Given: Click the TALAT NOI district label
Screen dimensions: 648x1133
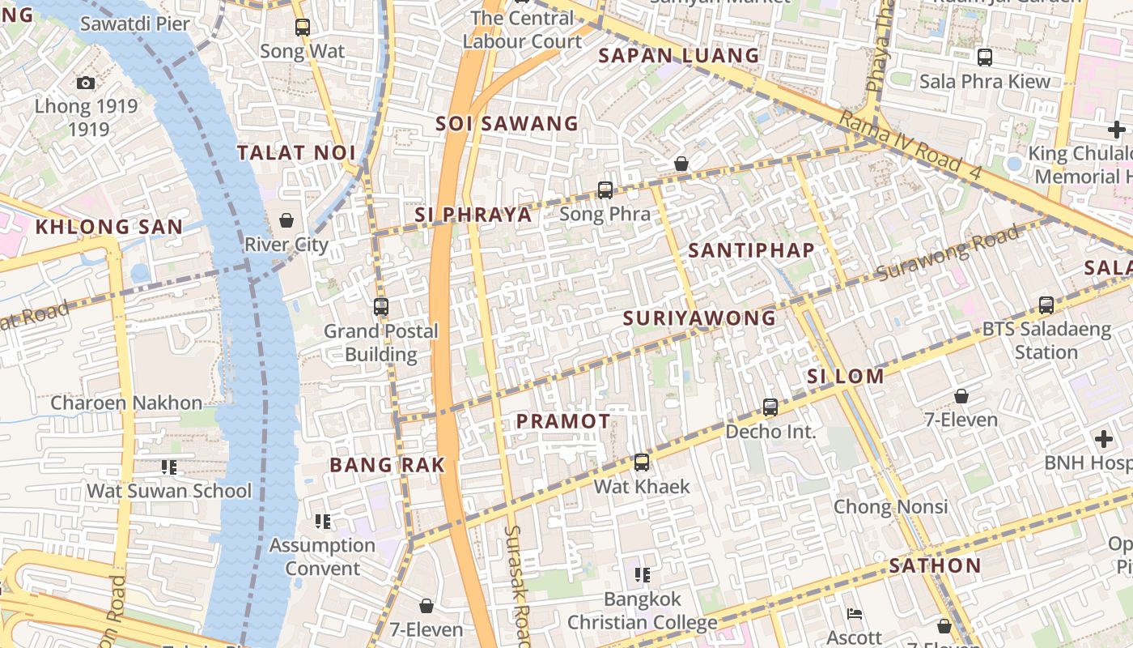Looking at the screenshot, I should (296, 152).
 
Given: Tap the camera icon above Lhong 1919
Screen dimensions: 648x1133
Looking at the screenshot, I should (85, 83).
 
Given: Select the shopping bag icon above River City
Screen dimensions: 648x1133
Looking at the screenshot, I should (286, 220).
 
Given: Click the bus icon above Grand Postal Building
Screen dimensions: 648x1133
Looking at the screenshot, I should (381, 307).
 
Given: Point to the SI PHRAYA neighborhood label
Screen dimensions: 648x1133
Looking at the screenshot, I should (473, 215).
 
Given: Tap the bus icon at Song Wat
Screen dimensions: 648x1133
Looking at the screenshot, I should (303, 27).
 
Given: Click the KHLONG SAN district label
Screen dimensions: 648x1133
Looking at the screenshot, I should (109, 227).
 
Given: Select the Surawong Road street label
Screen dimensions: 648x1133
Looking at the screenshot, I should (948, 253).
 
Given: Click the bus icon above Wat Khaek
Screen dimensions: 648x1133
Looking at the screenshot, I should (642, 463).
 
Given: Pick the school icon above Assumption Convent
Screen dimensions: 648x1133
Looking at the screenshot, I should (323, 521).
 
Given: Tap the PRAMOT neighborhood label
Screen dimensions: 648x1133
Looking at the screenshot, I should (563, 421).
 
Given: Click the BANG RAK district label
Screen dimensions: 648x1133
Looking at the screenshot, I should (388, 465).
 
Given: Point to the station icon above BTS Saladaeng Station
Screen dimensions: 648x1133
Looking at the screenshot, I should (1046, 305).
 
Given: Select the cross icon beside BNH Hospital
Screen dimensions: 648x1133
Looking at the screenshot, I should (1104, 439).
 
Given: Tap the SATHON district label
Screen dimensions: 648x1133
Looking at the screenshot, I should (935, 565).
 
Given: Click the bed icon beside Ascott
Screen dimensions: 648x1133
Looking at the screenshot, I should (853, 613).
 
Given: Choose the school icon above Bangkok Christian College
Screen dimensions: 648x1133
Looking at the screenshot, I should (643, 575).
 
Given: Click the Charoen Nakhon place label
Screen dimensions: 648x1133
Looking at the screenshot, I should (126, 403).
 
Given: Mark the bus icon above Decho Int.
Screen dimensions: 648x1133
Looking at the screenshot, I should (770, 407).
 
